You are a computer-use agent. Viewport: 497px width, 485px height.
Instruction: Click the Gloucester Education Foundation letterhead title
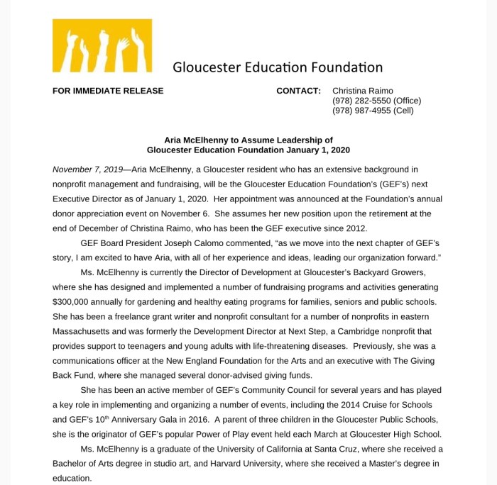[x=278, y=67]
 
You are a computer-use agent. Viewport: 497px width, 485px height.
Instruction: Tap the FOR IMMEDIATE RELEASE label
[x=108, y=91]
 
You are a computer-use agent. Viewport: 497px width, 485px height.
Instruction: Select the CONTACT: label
[x=298, y=91]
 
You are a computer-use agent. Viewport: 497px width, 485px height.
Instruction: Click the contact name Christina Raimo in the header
[x=363, y=91]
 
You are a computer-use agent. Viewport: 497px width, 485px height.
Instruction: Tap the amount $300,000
[x=74, y=287]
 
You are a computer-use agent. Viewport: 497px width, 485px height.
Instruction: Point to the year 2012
[x=355, y=228]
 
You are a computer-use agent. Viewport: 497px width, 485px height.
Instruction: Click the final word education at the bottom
[x=72, y=478]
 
